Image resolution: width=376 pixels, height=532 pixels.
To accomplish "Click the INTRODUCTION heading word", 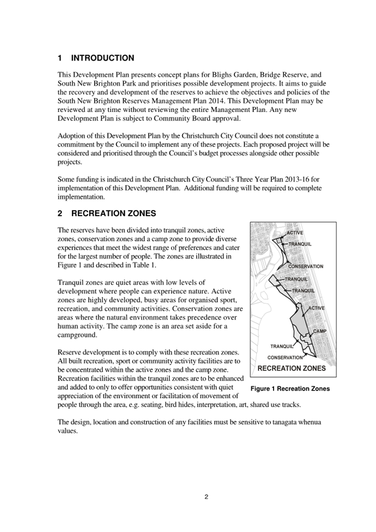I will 102,58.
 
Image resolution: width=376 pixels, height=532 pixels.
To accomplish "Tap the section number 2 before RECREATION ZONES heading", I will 60,213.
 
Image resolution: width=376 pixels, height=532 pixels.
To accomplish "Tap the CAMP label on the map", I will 319,331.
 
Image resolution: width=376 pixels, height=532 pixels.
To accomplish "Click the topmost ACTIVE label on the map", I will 295,232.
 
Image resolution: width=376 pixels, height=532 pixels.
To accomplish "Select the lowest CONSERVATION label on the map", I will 285,357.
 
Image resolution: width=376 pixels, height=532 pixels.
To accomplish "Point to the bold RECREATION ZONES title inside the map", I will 292,368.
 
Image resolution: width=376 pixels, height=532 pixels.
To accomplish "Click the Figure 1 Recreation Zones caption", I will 290,388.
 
